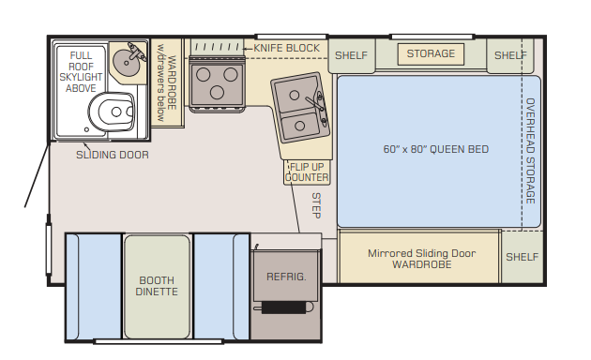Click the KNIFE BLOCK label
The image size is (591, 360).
pos(286,48)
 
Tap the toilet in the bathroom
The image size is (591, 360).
pos(112,112)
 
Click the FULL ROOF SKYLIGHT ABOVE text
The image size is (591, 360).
pos(81,71)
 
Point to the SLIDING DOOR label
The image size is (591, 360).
pos(113,155)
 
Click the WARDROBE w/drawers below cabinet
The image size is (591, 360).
pos(167,82)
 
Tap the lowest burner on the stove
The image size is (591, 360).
pos(217,92)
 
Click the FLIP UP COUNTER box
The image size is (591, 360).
pos(307,172)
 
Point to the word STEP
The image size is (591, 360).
pos(316,205)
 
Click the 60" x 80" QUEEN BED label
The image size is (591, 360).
pos(435,149)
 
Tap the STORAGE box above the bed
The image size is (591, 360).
pos(431,54)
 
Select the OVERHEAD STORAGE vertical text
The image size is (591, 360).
pos(530,151)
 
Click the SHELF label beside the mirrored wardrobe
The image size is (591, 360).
pos(522,257)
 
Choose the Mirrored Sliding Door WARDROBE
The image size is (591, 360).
pos(419,258)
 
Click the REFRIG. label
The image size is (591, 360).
pos(286,277)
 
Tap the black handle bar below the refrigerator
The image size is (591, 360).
pos(284,307)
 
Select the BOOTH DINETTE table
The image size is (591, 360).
pos(157,287)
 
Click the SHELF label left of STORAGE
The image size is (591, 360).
pos(351,55)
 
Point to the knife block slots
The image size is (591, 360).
pos(218,48)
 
